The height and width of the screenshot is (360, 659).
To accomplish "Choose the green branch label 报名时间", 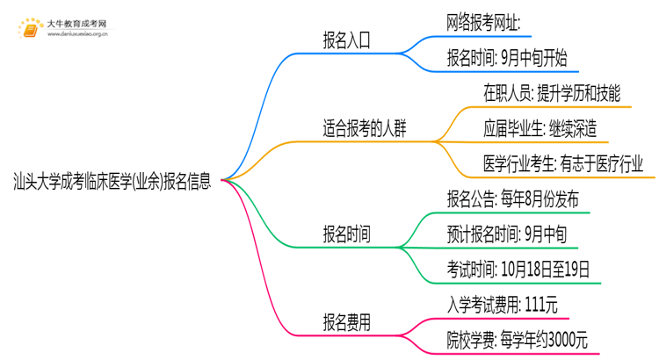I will click(346, 234).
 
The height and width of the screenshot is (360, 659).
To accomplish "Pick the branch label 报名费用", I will click(346, 322).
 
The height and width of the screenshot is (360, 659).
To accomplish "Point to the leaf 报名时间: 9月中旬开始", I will click(507, 58).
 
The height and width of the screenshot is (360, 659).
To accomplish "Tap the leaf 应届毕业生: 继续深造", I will click(540, 129).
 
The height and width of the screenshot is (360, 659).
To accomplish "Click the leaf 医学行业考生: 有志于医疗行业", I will click(562, 164).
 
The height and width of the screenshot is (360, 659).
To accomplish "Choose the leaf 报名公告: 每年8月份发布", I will click(512, 199).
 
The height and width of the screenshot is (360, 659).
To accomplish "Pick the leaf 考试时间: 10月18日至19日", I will click(518, 270).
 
